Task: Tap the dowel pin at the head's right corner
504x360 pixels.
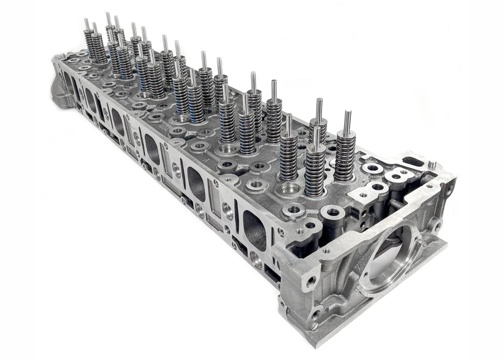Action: [x=433, y=164]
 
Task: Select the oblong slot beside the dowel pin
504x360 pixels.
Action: [x=412, y=161]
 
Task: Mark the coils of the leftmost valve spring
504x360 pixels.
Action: [x=89, y=44]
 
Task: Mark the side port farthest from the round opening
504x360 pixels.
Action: [x=67, y=82]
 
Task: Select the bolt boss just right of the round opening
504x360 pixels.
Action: [x=437, y=226]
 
